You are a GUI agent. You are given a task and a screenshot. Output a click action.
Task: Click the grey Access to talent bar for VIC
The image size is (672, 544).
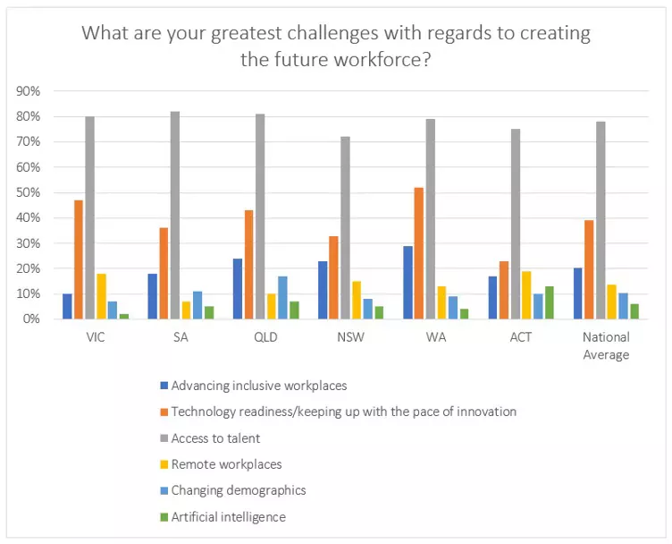coord(89,217)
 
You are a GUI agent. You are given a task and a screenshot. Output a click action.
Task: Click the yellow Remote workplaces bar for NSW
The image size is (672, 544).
coord(356,300)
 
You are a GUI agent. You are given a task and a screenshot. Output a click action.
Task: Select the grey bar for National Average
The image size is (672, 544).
coord(601,220)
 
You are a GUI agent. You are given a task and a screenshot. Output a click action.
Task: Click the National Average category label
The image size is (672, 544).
coord(606,345)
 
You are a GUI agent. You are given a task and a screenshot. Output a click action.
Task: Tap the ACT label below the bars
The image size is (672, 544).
coord(519,337)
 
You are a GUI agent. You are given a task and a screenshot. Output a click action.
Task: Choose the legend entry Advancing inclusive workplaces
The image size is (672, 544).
coord(258,386)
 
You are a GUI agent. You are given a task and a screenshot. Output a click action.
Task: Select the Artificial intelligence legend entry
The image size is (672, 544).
coord(228,516)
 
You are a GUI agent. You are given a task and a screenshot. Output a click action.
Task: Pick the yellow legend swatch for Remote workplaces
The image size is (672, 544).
coord(163,464)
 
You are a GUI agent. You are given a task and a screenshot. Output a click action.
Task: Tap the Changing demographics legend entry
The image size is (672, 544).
coord(238,490)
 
